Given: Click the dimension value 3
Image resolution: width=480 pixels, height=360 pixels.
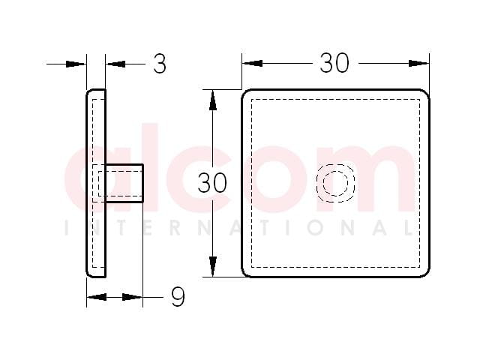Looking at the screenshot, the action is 160,64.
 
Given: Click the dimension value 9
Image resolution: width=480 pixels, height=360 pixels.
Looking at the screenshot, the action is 178,297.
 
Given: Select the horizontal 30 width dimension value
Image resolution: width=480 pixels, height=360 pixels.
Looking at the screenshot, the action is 334,63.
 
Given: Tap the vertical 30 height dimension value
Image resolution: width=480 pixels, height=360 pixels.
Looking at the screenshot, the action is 212,183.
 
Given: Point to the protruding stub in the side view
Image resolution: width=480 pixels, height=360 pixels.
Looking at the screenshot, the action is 124,183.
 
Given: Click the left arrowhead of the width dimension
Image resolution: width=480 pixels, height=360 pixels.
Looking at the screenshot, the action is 253,63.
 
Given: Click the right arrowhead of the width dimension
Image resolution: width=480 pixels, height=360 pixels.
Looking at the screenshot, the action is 418,63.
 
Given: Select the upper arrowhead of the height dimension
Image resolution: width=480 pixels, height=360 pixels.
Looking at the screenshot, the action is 213,100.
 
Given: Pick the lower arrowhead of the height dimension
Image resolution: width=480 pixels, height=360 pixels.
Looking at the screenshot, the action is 213,266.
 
